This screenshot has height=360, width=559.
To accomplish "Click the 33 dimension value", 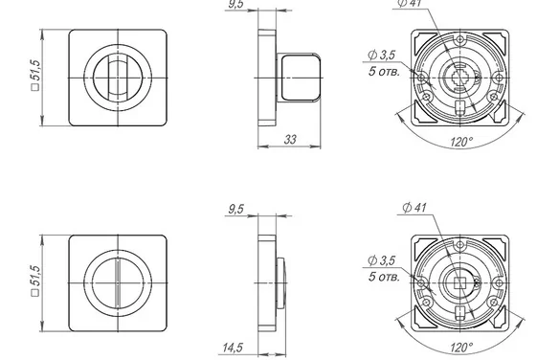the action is (x=290, y=140).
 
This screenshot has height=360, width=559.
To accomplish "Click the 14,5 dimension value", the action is (x=233, y=348).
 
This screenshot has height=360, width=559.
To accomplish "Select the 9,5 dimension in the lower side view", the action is (x=236, y=209).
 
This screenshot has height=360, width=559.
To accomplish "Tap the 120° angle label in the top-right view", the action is (x=461, y=142).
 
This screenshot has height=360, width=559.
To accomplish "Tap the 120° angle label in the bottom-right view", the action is (x=461, y=347).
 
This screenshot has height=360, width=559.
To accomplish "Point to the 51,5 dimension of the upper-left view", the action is (x=35, y=75).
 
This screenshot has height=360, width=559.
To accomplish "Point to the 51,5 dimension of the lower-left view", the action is (x=35, y=281).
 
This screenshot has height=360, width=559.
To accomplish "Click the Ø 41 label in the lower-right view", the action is (x=414, y=207).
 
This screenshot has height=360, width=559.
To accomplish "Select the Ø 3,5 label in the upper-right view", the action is (x=382, y=55).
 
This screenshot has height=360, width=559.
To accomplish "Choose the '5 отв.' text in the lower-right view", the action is (x=384, y=277).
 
